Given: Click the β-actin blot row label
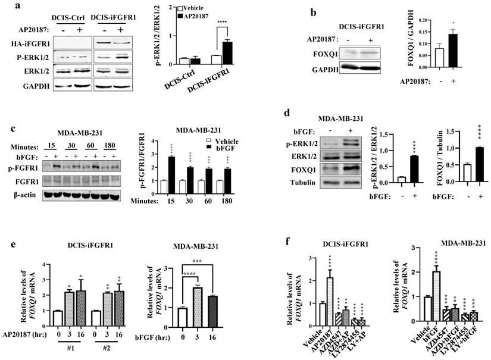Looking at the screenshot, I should [17, 193].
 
